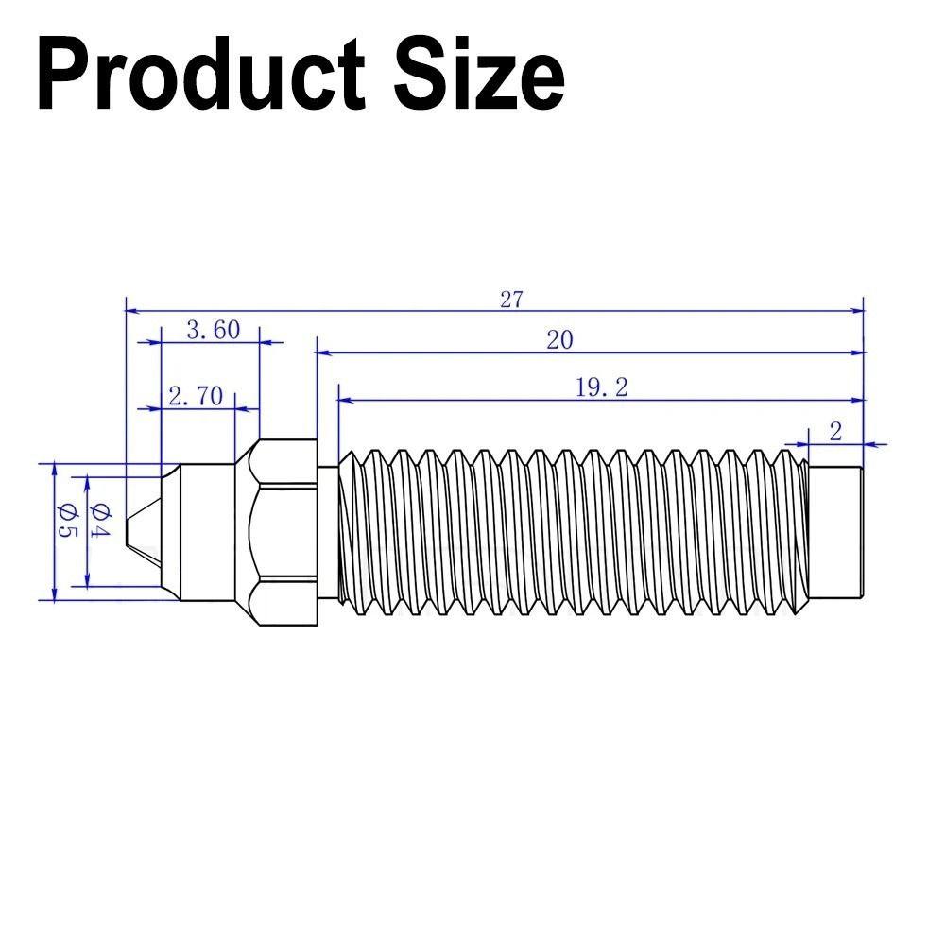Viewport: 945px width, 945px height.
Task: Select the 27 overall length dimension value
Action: pyautogui.click(x=511, y=300)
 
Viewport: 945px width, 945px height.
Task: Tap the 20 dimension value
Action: pyautogui.click(x=559, y=340)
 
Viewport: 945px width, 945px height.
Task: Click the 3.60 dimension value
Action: pyautogui.click(x=213, y=330)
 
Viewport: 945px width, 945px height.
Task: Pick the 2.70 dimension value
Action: pyautogui.click(x=196, y=395)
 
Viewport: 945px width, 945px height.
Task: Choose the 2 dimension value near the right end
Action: pyautogui.click(x=835, y=432)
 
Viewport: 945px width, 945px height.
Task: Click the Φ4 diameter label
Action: pyautogui.click(x=100, y=523)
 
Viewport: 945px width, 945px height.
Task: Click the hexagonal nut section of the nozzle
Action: pyautogui.click(x=281, y=531)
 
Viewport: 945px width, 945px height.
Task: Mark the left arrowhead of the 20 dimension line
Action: pyautogui.click(x=322, y=352)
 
